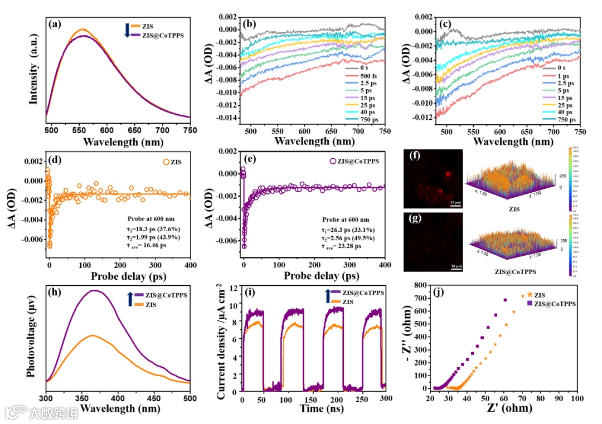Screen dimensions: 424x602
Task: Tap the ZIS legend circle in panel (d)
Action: pyautogui.click(x=166, y=162)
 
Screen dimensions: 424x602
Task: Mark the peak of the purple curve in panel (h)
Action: pyautogui.click(x=94, y=290)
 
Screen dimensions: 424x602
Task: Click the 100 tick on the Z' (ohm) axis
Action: pyautogui.click(x=576, y=399)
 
